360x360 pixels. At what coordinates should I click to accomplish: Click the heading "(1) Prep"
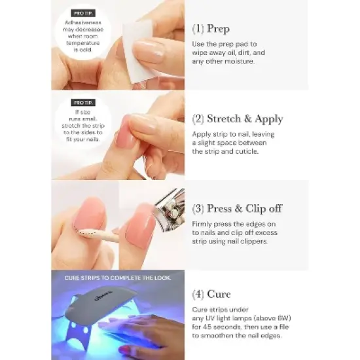click(211, 29)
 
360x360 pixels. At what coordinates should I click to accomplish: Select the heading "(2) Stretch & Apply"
click(237, 119)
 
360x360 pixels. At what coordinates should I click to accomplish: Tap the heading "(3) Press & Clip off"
click(236, 209)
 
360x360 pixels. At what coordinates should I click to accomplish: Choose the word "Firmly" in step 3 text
click(203, 223)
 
